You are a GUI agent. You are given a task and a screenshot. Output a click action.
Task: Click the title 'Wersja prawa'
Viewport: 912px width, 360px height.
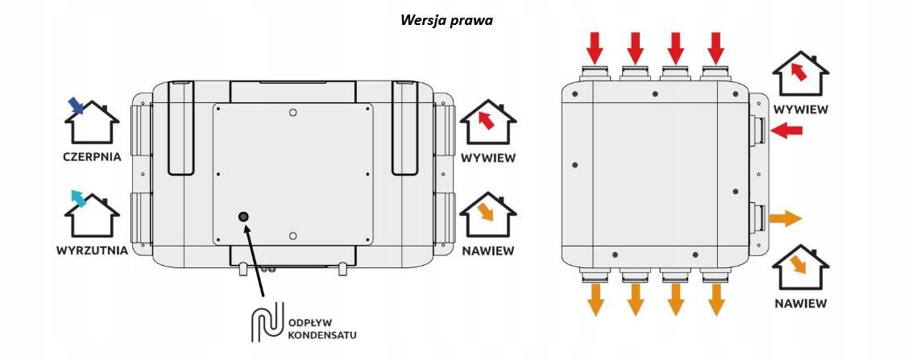click(x=446, y=20)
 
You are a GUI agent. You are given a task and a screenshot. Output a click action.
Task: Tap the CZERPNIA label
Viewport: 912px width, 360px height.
click(x=92, y=157)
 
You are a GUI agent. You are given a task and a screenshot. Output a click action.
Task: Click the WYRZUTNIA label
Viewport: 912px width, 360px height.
click(x=92, y=251)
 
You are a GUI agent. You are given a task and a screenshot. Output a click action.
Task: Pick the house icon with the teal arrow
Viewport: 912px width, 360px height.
click(x=91, y=213)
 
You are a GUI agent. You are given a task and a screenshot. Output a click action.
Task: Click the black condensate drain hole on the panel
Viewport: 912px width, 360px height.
click(x=243, y=217)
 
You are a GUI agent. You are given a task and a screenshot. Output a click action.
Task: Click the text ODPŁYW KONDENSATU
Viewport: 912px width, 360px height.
click(x=322, y=329)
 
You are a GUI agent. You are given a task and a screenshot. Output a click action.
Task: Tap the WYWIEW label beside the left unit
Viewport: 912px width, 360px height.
click(x=488, y=158)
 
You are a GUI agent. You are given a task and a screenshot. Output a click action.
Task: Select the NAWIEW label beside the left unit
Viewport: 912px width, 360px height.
click(x=488, y=251)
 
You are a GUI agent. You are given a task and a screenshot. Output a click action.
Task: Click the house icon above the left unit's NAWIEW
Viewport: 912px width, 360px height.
click(x=488, y=213)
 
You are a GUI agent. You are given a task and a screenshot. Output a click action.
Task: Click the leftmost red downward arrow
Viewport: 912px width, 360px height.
click(x=595, y=48)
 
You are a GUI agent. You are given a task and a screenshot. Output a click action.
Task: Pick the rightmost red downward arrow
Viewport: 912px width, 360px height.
click(x=716, y=48)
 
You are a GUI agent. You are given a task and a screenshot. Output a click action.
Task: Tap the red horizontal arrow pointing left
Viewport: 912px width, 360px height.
click(x=786, y=130)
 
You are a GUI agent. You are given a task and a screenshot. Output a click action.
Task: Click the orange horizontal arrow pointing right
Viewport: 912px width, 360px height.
click(x=786, y=219)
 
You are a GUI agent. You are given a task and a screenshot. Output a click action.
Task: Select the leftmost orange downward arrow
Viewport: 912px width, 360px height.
click(x=595, y=300)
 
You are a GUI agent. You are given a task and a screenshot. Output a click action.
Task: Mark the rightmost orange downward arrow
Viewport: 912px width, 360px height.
click(x=716, y=300)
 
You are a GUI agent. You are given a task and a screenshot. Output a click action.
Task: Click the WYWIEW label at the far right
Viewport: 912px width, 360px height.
click(x=801, y=110)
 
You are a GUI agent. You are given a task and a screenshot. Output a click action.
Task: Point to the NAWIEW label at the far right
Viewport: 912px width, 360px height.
click(x=801, y=304)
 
